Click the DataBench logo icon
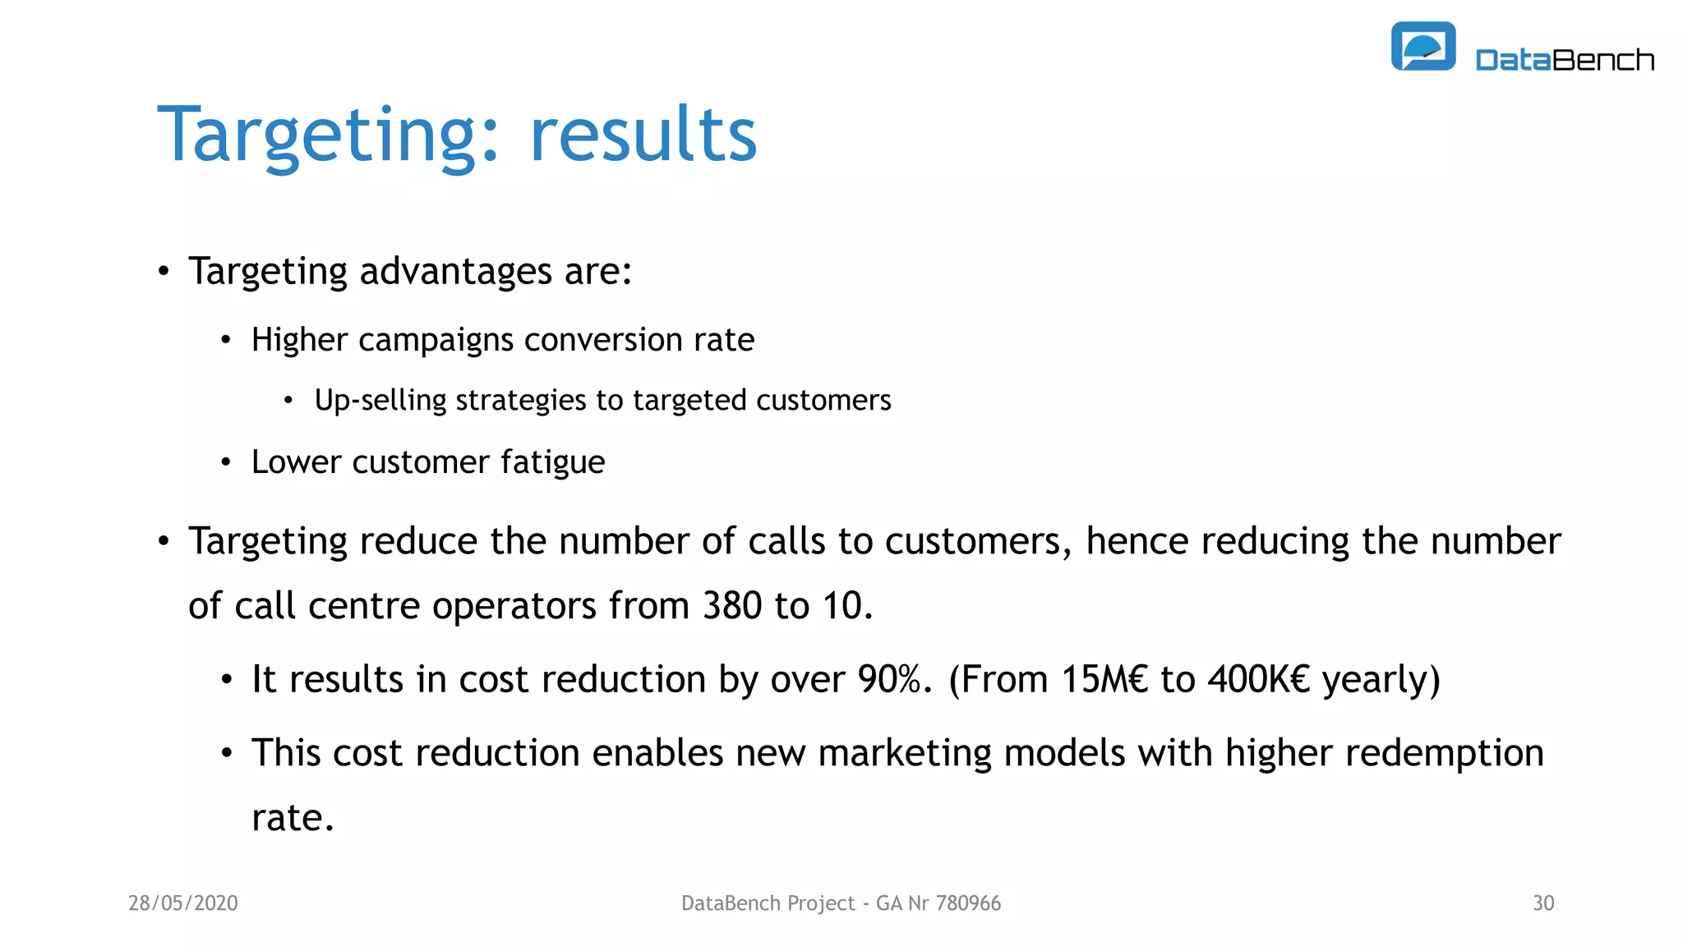click(1422, 47)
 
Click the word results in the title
click(643, 135)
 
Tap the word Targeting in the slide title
click(316, 135)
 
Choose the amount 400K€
click(1257, 680)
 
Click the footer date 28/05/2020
click(183, 903)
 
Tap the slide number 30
click(1543, 903)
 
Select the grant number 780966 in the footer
click(968, 903)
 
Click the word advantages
click(456, 272)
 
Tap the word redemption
click(1384, 754)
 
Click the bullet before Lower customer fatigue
click(226, 463)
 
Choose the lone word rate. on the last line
click(293, 819)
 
